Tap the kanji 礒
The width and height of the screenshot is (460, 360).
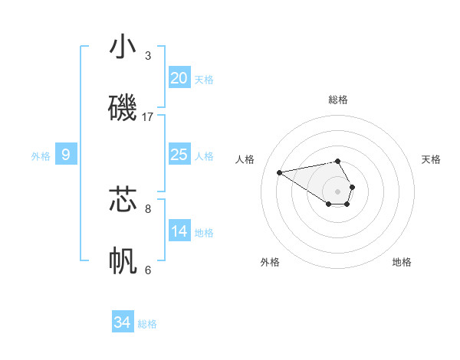coord(123,107)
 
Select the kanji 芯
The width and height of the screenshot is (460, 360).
coord(123,199)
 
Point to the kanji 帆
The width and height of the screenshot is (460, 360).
coord(123,260)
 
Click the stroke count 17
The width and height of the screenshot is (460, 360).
coord(148,116)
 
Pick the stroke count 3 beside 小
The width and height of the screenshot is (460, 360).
coord(148,55)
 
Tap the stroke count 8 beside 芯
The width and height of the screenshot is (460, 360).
coord(148,208)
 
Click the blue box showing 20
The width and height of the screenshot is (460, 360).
coord(179,77)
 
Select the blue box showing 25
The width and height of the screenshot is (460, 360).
coord(179,154)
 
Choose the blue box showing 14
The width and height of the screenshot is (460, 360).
coord(179,231)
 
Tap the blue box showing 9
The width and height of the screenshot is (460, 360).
coord(66,155)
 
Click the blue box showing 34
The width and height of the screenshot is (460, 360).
coord(122,322)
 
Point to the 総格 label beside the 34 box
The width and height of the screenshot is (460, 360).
coord(147,324)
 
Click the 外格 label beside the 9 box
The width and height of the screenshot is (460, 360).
coord(41,156)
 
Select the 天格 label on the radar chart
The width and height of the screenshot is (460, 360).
coord(431,159)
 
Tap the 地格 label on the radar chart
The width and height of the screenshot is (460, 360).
coord(402,262)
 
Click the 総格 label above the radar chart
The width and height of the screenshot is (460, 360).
coord(338,100)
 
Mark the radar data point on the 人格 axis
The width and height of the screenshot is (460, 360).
coord(280,172)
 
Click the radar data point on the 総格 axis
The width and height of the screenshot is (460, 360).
coord(337,161)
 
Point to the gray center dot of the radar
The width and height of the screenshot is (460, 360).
coord(337,191)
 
